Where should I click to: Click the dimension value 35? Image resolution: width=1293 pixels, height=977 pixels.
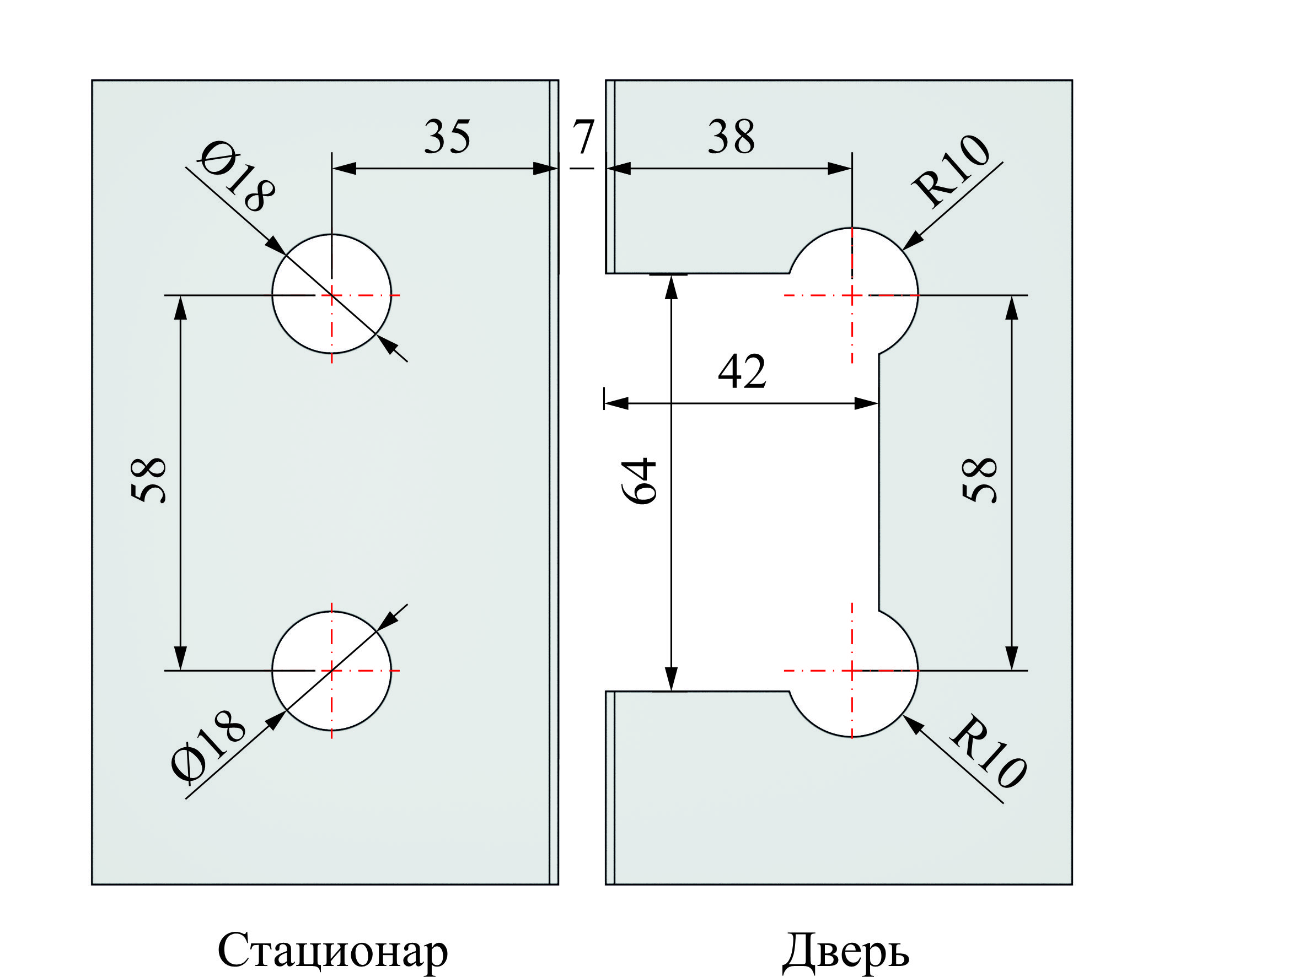[x=447, y=137]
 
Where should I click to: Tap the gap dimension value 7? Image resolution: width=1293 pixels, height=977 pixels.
[x=583, y=137]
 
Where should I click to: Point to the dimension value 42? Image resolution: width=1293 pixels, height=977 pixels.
[x=741, y=371]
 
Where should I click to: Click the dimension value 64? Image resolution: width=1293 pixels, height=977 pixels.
[x=639, y=481]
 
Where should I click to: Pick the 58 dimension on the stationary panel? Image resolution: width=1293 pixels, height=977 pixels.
[x=148, y=481]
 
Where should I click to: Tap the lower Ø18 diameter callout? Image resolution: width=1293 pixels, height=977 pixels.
[x=208, y=746]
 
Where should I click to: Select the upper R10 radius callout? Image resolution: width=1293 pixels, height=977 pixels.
[x=951, y=170]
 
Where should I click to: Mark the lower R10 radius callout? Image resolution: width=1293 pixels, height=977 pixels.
[x=989, y=752]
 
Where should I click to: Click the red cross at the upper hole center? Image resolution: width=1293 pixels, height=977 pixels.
[x=331, y=295]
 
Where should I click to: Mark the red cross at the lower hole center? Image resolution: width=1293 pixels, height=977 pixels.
[x=331, y=671]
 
